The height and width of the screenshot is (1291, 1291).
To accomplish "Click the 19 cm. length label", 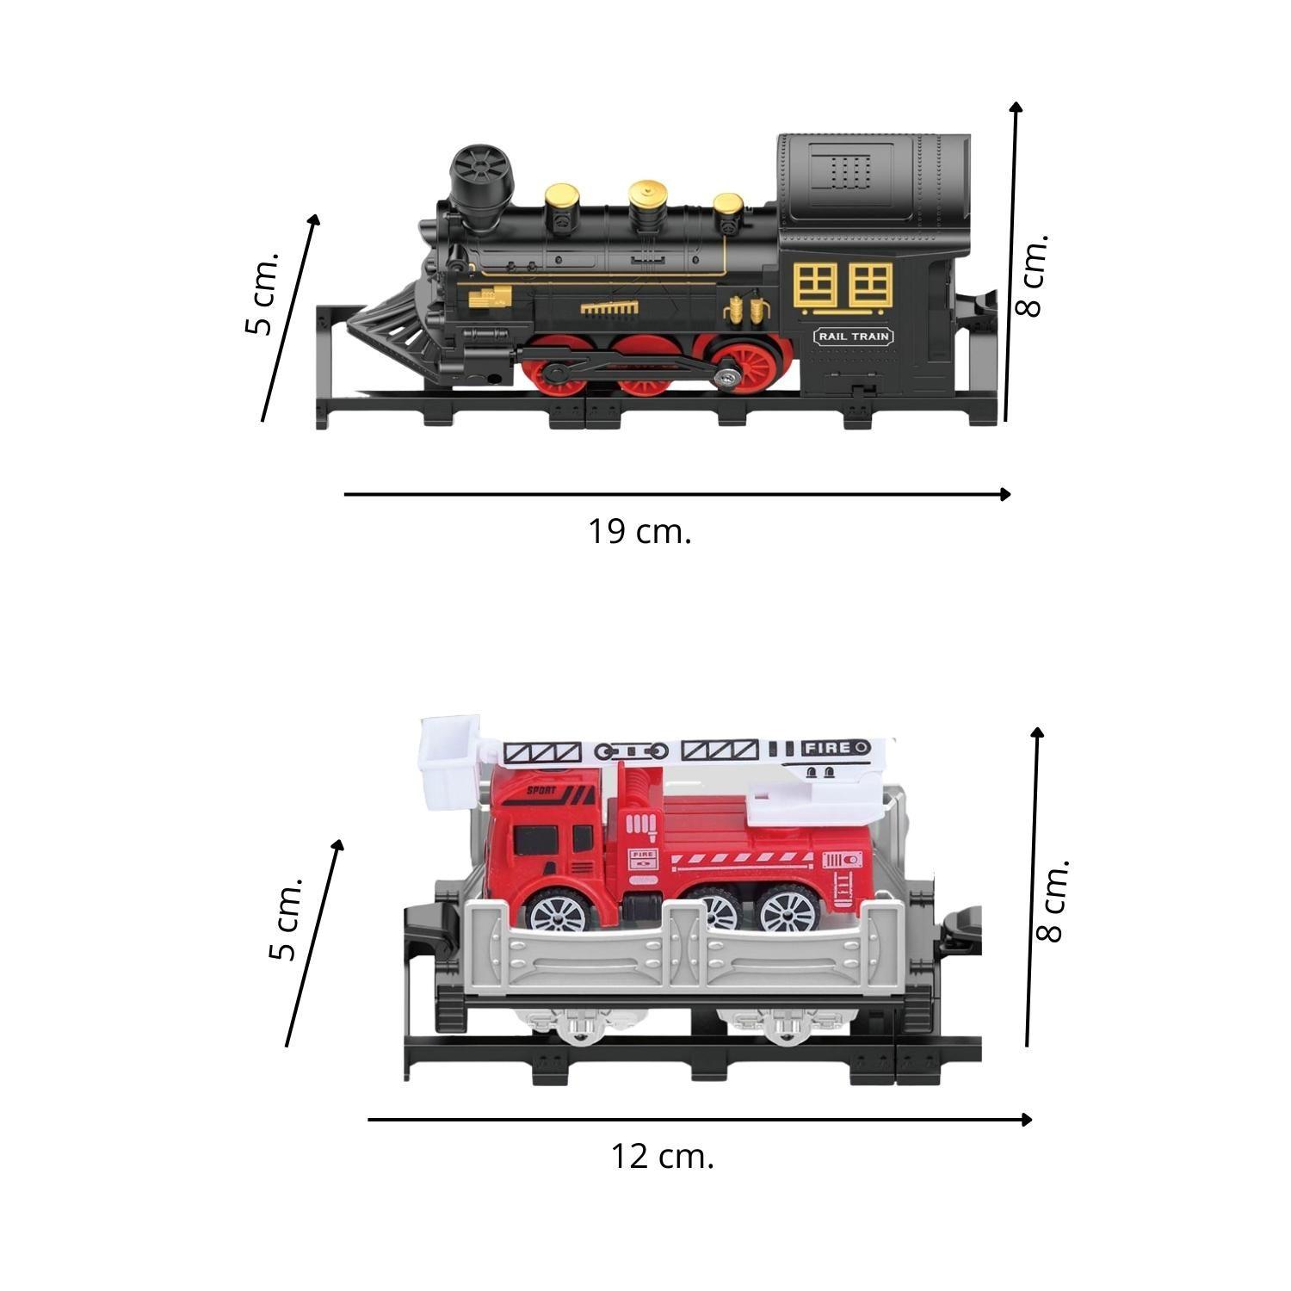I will coord(639,532).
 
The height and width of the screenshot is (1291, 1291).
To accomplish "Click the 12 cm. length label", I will coord(663,1156).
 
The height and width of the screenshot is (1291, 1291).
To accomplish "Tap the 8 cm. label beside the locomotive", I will coord(1031,275).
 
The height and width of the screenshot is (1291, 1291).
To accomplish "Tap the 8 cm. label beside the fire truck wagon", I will coord(1053,899).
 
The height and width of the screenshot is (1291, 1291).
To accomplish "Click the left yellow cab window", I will coord(815,285).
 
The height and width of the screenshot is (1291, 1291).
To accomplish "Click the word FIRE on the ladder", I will coord(826,748).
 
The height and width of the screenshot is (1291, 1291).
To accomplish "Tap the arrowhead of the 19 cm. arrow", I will coord(1004,494).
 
